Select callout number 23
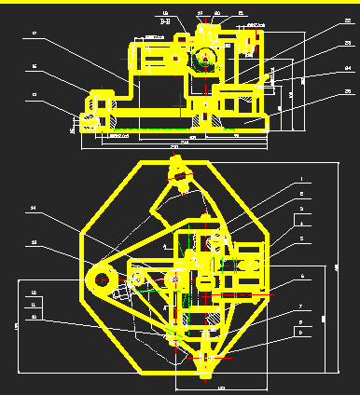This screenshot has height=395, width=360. click(347, 44)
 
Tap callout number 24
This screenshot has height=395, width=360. click(347, 68)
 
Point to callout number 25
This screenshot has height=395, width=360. click(347, 91)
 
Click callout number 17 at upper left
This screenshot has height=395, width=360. click(34, 34)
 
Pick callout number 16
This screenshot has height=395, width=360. click(34, 67)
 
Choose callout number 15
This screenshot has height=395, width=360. click(34, 94)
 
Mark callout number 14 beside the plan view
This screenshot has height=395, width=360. click(34, 207)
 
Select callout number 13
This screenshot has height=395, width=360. click(34, 242)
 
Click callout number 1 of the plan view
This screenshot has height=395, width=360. click(301, 180)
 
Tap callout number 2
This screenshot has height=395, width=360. click(301, 194)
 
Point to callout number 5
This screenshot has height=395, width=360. click(301, 238)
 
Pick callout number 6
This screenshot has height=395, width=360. click(301, 277)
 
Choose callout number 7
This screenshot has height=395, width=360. click(301, 306)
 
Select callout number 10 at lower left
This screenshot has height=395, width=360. click(34, 317)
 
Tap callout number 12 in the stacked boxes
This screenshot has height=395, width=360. click(34, 293)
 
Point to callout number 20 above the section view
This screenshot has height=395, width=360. click(217, 13)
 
